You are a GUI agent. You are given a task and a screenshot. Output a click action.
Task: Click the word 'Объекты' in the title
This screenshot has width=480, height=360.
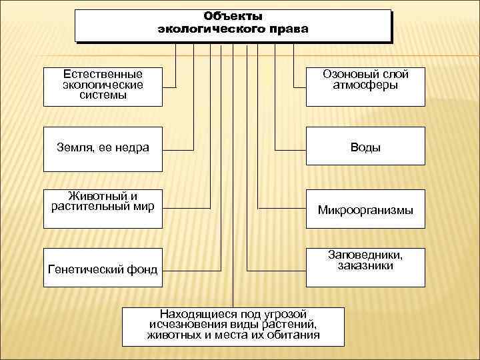[x=233, y=16]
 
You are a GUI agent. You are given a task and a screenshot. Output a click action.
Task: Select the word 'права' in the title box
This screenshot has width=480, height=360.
[x=291, y=29]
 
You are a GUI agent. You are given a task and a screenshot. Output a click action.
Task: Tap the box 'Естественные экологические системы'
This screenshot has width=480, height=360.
[x=103, y=86]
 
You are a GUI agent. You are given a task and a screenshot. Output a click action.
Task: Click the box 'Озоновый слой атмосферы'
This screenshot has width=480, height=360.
[x=365, y=86]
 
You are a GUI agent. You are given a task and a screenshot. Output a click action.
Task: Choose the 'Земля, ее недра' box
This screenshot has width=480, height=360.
[x=103, y=147]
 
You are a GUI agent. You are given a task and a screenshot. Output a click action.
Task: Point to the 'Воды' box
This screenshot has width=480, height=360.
[x=365, y=147]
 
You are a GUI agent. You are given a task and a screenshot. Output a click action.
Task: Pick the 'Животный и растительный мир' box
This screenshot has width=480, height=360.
[x=103, y=209]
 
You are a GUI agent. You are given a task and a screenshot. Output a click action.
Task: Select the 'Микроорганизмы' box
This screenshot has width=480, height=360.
[x=365, y=210]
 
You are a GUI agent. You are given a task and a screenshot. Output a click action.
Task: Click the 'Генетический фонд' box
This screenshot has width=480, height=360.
[x=103, y=269]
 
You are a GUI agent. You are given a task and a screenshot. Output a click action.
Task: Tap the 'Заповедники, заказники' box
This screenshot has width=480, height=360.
[x=365, y=269]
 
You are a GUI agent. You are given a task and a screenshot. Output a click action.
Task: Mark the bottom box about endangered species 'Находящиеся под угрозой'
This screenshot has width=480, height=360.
[x=233, y=326]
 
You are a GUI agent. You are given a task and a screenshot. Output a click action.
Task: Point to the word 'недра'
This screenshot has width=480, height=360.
[x=131, y=147]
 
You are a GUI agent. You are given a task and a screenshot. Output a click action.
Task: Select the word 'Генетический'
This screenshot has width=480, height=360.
[x=83, y=270]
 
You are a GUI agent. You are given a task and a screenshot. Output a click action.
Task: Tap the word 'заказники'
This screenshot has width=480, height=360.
[x=365, y=266]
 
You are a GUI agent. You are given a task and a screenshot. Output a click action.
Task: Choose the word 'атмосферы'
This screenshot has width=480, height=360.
[x=365, y=85]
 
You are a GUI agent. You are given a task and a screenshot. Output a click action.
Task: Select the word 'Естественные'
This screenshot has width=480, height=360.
[x=103, y=75]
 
